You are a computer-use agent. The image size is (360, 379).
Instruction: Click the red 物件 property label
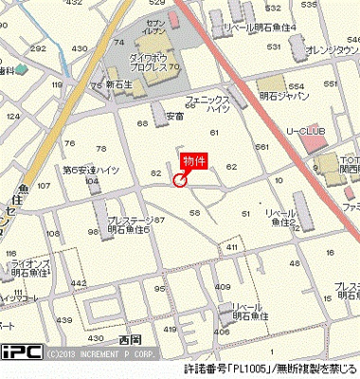(x=195, y=160)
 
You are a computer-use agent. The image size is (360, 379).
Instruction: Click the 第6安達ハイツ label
(x=89, y=170)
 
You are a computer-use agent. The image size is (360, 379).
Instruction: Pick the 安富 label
(x=174, y=117)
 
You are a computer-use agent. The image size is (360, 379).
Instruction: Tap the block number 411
(x=231, y=247)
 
